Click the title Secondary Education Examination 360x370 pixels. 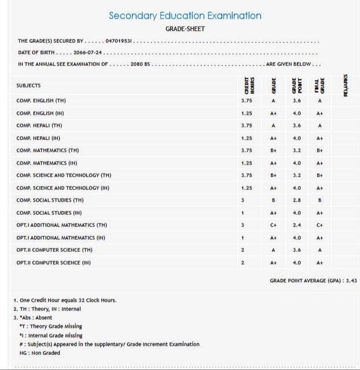pos(185,16)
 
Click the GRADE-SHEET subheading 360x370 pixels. pos(185,28)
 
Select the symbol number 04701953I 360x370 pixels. pos(120,41)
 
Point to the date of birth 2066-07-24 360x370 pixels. pos(88,52)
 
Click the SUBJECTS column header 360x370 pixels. pos(28,85)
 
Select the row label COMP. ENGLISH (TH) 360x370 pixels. pos(41,100)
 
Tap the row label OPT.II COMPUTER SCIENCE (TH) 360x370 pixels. pos(54,250)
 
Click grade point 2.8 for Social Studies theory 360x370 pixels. pos(297,200)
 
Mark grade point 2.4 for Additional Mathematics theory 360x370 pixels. pos(297,225)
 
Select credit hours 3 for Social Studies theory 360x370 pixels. pos(243,200)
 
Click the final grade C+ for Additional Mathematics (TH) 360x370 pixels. pos(319,225)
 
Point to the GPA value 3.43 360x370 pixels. pos(349,280)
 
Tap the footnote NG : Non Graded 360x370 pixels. pos(40,353)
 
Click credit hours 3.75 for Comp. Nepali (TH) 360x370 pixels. pos(247,125)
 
